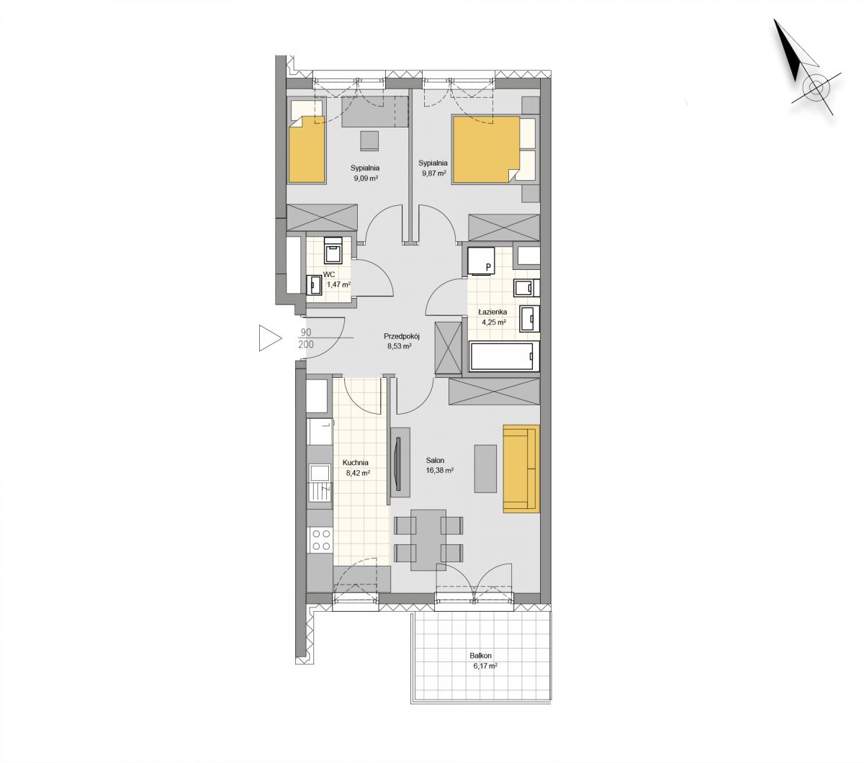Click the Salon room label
point(435,460)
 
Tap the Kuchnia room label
point(356,462)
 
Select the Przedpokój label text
point(402,336)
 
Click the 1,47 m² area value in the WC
point(338,284)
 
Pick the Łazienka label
point(492,312)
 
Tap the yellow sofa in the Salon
point(521,468)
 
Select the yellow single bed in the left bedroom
point(306,149)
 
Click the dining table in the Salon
point(428,540)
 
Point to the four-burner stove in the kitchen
point(320,540)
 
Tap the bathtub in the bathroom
point(504,356)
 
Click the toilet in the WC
point(333,250)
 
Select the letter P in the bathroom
point(489,268)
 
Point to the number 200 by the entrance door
point(306,344)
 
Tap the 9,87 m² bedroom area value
point(433,173)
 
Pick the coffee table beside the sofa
point(485,469)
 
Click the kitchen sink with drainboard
point(320,482)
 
